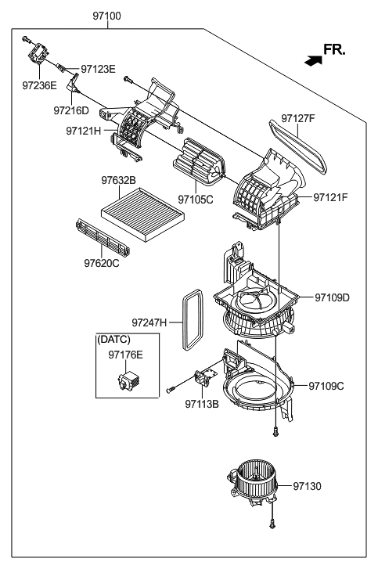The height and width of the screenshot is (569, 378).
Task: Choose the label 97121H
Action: tap(84, 130)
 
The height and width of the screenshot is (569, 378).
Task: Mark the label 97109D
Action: tap(333, 297)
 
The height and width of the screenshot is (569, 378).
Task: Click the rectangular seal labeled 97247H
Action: tap(189, 319)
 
